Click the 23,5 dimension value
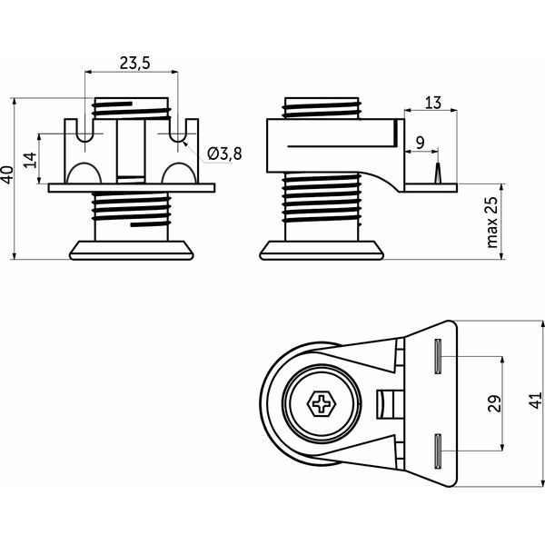134,64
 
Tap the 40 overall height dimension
7,174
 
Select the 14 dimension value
31,160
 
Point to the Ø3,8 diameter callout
224,154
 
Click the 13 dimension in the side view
433,103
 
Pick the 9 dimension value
421,143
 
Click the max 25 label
491,223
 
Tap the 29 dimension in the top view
495,403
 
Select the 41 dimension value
536,400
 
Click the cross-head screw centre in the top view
322,403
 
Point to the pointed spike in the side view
438,173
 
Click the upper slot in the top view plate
439,356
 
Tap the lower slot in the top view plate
439,451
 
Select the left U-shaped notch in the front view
84,131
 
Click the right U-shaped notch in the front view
178,131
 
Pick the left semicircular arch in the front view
84,173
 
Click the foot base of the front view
132,250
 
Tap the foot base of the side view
322,250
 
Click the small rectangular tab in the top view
391,404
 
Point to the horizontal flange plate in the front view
132,188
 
